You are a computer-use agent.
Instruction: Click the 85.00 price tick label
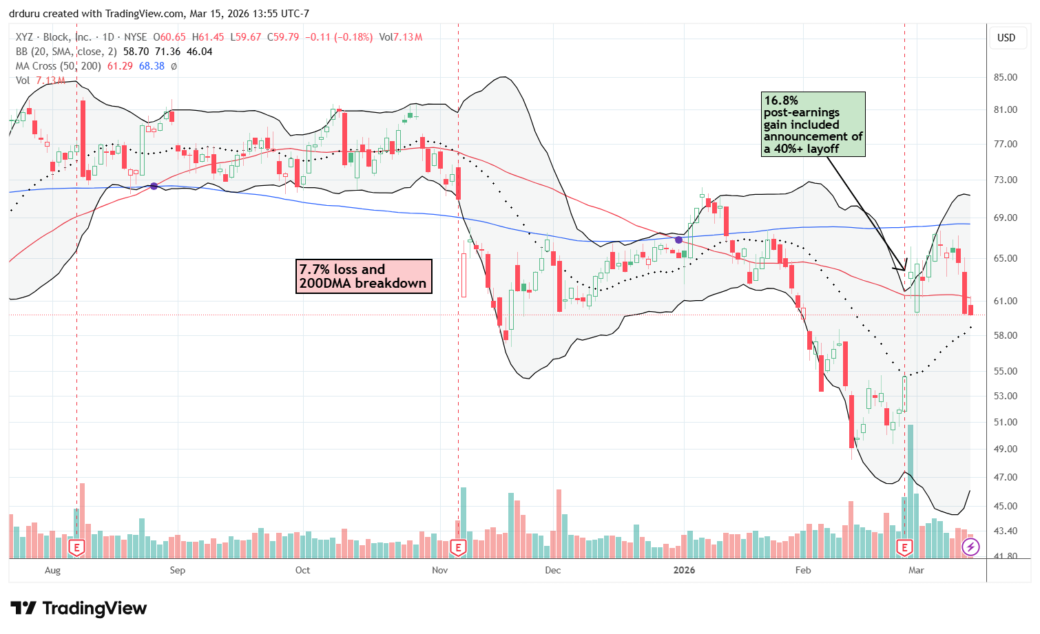click(x=1005, y=77)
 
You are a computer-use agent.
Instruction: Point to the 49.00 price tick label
click(x=1005, y=449)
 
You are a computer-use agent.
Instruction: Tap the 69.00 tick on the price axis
click(x=1005, y=218)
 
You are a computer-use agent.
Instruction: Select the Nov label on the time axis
click(x=440, y=570)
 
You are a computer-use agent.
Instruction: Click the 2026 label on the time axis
click(x=684, y=570)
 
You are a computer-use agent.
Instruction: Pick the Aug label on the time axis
click(x=52, y=570)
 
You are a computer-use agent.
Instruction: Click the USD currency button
click(x=1006, y=38)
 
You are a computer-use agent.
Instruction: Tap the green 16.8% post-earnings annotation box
click(x=813, y=125)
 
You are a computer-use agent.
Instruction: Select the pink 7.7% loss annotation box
click(x=364, y=276)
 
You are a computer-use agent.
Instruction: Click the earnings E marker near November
click(x=458, y=548)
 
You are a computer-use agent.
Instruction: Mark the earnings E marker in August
click(x=77, y=548)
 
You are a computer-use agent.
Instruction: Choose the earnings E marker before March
click(x=904, y=548)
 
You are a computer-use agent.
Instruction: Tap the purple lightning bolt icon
click(x=970, y=547)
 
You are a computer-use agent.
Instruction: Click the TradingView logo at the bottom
click(x=79, y=609)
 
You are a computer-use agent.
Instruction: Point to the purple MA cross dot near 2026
click(x=679, y=240)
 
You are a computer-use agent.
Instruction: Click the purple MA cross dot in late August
click(x=154, y=186)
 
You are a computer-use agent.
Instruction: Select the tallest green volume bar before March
click(x=911, y=491)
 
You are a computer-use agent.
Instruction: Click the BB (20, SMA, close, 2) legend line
click(x=114, y=52)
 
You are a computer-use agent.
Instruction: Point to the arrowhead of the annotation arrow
click(x=904, y=270)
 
